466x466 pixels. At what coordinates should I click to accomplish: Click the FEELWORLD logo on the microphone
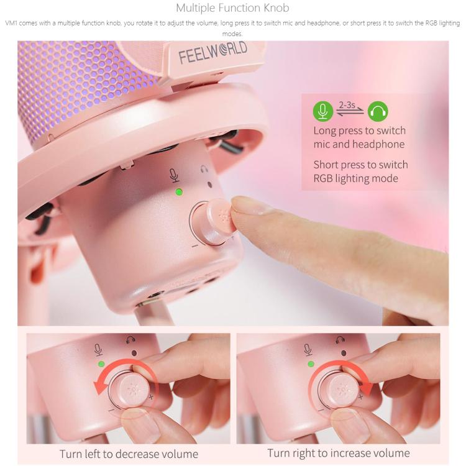click(212, 52)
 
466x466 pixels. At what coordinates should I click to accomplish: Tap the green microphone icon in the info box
click(322, 111)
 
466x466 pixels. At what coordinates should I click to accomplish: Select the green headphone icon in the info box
click(378, 111)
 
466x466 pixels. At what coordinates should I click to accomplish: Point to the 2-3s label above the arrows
click(347, 105)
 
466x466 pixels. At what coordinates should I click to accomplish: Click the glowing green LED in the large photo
click(179, 192)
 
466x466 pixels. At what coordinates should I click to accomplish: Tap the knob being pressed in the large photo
click(217, 221)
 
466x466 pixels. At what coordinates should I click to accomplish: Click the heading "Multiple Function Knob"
click(232, 8)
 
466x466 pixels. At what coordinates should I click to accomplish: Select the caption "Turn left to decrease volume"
click(129, 454)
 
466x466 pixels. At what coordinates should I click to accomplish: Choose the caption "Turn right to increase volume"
click(339, 453)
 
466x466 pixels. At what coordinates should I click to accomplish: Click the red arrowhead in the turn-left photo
click(99, 388)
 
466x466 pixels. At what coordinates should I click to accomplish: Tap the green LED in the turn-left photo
click(101, 363)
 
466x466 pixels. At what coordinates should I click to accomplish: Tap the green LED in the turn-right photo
click(311, 363)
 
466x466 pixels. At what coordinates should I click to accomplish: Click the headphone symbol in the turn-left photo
click(130, 340)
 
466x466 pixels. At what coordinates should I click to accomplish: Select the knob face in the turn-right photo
click(343, 390)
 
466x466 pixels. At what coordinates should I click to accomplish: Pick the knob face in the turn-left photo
click(134, 390)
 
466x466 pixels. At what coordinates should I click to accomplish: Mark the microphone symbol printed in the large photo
click(174, 175)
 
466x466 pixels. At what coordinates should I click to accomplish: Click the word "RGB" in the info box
click(323, 178)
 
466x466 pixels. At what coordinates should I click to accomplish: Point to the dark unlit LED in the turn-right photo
click(344, 353)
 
